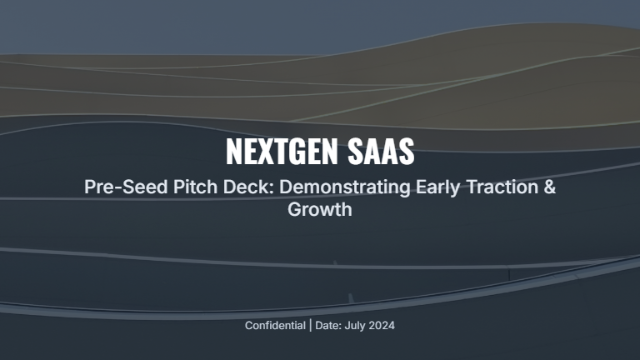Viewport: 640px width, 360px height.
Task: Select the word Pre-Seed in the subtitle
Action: pos(117,187)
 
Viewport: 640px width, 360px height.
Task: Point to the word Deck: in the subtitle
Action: pos(228,187)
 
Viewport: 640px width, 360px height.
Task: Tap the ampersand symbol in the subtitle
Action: pos(548,187)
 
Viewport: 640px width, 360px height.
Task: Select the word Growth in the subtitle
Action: pos(320,209)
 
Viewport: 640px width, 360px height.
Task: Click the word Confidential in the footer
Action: pos(275,325)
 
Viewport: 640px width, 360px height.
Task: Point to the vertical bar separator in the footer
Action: pos(310,325)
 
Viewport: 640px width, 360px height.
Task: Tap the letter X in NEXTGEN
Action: pos(263,152)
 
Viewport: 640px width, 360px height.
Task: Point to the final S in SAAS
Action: pos(406,152)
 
